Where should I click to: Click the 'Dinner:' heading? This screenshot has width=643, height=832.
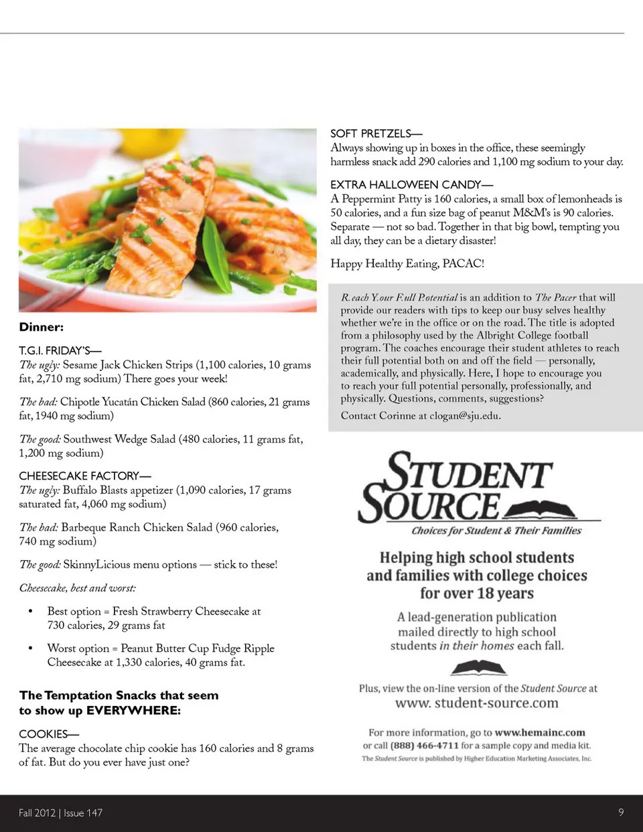click(42, 327)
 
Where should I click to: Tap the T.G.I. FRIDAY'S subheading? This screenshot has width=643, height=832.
click(60, 350)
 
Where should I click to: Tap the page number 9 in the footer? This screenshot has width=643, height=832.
click(621, 812)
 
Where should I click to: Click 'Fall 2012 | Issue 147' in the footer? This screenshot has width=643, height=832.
click(61, 813)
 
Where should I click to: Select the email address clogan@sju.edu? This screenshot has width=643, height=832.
click(464, 415)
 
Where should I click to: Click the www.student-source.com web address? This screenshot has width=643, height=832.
click(477, 703)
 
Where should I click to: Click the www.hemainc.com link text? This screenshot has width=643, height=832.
click(540, 732)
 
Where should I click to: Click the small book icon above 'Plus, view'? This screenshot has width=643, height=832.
click(478, 667)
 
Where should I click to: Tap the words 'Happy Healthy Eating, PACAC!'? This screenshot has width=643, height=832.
click(407, 263)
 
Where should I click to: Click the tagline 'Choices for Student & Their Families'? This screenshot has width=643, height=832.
click(496, 531)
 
